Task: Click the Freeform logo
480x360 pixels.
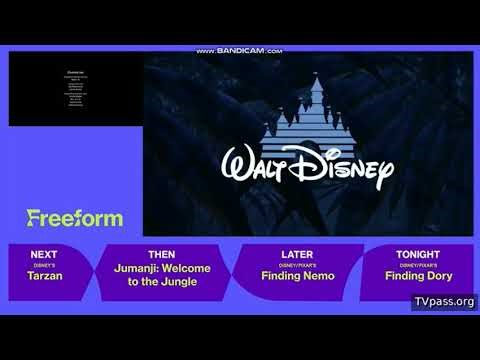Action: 75,218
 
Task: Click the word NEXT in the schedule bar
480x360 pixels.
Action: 45,255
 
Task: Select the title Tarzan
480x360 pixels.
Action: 45,276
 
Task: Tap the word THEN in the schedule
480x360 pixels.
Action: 161,255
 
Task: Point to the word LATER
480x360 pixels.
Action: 297,255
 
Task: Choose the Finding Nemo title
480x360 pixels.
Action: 297,276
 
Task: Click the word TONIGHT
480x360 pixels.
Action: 417,255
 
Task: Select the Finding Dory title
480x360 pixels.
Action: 417,276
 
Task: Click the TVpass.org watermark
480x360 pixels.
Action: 444,301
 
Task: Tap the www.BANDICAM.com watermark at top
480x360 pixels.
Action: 240,50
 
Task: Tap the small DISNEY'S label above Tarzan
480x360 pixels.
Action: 45,266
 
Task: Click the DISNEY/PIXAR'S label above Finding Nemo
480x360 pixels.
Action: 297,266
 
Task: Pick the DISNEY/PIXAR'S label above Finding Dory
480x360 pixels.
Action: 417,266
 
